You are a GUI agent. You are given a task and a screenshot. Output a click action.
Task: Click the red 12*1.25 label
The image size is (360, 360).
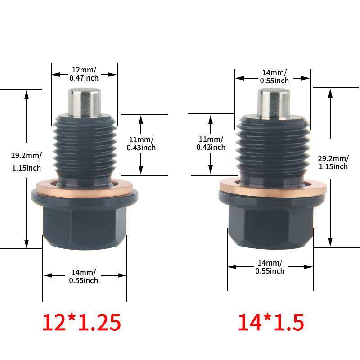(81, 322)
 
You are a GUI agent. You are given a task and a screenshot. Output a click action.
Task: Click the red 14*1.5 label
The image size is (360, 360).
(271, 322)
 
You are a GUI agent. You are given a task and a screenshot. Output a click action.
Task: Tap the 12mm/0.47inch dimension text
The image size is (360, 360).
(84, 74)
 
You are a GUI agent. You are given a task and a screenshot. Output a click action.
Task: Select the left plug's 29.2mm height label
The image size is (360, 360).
(27, 162)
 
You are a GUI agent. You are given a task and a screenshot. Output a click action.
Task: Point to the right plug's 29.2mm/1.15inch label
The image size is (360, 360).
(333, 162)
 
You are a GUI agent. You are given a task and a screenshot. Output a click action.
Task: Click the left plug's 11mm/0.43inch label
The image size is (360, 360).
(141, 144)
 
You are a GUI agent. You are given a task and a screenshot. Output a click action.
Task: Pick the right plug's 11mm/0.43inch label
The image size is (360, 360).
(211, 143)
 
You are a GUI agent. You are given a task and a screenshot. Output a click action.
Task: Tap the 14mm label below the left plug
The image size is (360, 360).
(84, 276)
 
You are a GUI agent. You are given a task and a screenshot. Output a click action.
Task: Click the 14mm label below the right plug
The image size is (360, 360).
(270, 267)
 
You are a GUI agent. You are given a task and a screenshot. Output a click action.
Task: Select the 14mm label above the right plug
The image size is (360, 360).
(274, 76)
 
